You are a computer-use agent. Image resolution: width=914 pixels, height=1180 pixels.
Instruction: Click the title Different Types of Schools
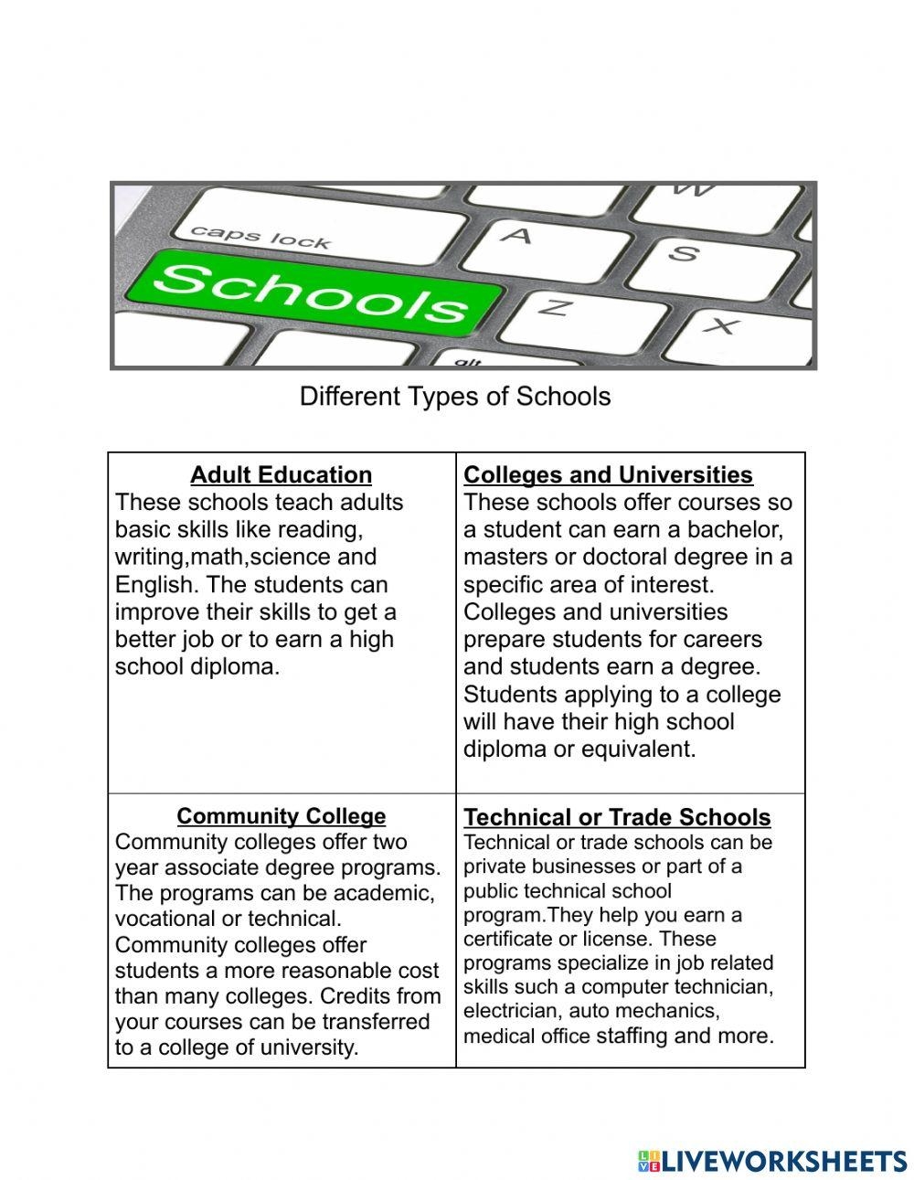[x=455, y=397]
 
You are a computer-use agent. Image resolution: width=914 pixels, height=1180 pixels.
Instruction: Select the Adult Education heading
[x=281, y=475]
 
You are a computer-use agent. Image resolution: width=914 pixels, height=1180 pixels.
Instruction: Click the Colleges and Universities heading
[x=608, y=475]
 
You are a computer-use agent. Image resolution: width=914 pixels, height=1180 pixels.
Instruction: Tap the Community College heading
[x=281, y=816]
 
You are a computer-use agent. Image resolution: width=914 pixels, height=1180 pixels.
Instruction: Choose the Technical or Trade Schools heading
[x=617, y=817]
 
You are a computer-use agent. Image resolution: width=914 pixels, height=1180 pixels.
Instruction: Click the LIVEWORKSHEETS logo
[x=772, y=1161]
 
